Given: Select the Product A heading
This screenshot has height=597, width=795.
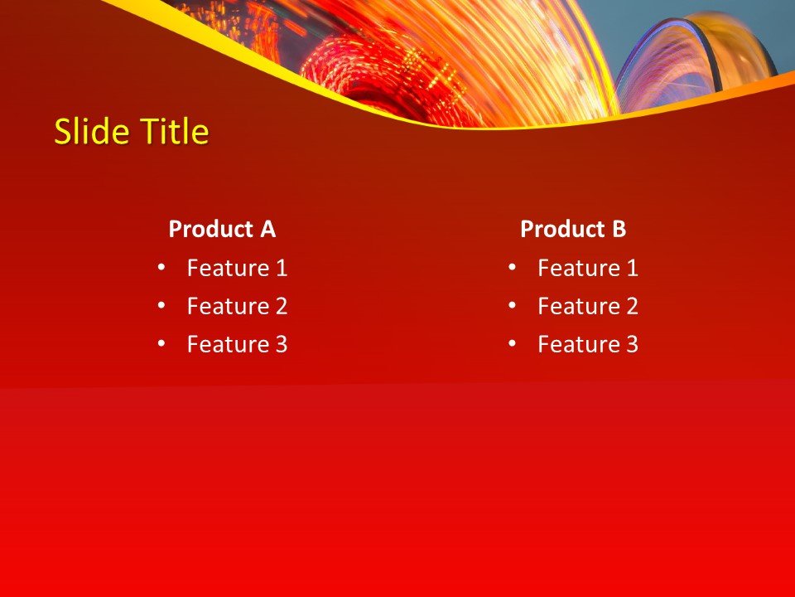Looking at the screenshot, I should coord(222,229).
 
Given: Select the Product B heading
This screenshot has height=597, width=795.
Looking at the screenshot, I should coord(573,229).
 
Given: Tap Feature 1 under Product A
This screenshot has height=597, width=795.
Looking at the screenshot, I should coord(237,268).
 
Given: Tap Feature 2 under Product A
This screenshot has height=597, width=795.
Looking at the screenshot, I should coord(237,306).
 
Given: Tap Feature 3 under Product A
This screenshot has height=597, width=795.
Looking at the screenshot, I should coord(237,344).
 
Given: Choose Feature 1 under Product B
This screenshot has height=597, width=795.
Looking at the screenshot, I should coord(587,268).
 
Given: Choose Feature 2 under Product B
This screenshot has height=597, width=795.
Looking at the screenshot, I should coord(587,306).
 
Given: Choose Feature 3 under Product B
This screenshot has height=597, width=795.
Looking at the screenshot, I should coord(587,344).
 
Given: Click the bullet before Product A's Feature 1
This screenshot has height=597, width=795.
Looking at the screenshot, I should coord(161,267).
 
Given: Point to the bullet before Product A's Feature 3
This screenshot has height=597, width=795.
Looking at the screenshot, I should coord(161,343).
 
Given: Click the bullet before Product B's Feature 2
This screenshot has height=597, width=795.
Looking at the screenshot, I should coord(512,305).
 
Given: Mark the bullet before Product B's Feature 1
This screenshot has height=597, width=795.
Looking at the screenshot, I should coord(512,267).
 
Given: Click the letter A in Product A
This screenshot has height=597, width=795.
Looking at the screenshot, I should coord(267,229).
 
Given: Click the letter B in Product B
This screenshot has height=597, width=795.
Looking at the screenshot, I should coord(619,229).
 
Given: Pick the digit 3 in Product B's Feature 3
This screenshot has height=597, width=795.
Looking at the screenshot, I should coord(632,344).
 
